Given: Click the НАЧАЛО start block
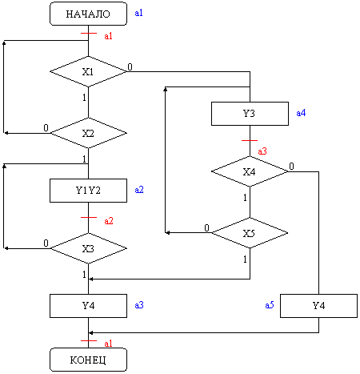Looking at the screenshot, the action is (x=88, y=14).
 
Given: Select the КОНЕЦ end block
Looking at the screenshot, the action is (x=88, y=360).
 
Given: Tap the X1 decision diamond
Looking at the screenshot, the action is (x=88, y=71).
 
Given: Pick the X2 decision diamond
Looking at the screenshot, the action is (x=88, y=133).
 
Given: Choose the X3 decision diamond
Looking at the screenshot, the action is (x=88, y=248).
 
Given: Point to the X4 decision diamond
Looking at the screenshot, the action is (x=250, y=171).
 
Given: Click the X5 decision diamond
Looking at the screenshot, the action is (x=250, y=233).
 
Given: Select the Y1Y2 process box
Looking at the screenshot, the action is (x=88, y=191).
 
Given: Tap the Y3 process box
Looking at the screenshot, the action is (x=250, y=114).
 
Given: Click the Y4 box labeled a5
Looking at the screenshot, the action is (x=318, y=306).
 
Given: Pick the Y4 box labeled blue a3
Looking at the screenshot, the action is (x=88, y=306).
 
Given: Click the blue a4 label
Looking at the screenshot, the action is (x=301, y=113).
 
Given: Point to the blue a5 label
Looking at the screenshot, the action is (x=270, y=305).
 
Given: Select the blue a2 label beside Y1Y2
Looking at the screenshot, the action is (x=139, y=190).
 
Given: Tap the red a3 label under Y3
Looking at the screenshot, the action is (x=262, y=151).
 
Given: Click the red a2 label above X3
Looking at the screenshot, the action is (x=109, y=221).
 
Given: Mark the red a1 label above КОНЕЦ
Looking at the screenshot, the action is (x=108, y=344).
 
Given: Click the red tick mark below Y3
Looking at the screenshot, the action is (x=250, y=140).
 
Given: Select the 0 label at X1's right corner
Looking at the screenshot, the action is (x=130, y=66).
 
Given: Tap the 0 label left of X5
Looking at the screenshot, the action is (x=206, y=228).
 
